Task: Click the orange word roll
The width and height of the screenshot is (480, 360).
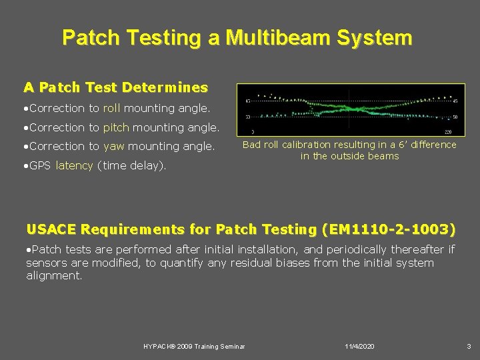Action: pyautogui.click(x=113, y=107)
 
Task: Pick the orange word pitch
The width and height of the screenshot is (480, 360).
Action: pyautogui.click(x=117, y=127)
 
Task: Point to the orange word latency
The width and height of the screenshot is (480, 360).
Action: pyautogui.click(x=74, y=165)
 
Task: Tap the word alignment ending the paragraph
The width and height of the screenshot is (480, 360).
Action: pyautogui.click(x=53, y=275)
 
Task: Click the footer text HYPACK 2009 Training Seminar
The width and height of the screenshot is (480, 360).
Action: pyautogui.click(x=194, y=347)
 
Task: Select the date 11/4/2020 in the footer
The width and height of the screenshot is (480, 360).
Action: pyautogui.click(x=360, y=347)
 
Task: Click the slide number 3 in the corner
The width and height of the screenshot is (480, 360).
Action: pyautogui.click(x=469, y=347)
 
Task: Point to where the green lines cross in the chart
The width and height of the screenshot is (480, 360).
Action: pyautogui.click(x=348, y=108)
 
